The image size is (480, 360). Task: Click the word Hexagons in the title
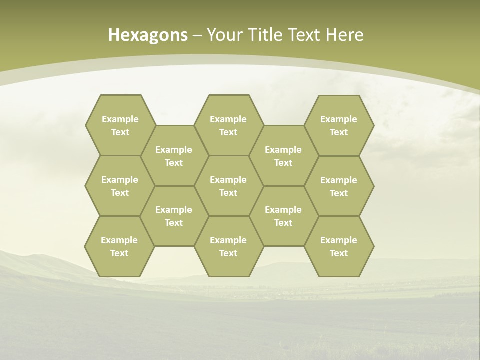click(x=148, y=35)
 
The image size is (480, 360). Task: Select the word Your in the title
click(x=223, y=35)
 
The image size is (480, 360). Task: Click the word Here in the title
click(x=345, y=35)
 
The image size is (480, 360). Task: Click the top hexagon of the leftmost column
click(x=120, y=125)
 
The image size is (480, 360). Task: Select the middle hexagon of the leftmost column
click(x=120, y=186)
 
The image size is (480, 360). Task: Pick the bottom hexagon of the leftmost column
click(x=119, y=246)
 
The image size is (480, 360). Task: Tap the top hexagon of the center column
click(x=228, y=125)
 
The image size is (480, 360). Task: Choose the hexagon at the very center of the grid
click(x=228, y=186)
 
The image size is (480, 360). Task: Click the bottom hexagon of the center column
click(x=228, y=246)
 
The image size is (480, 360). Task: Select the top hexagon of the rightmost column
click(x=339, y=125)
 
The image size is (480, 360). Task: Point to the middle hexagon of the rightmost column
click(x=339, y=186)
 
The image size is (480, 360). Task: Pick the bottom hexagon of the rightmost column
click(x=339, y=246)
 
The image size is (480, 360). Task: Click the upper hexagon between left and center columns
click(x=174, y=156)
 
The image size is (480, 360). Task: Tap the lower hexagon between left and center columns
click(x=174, y=216)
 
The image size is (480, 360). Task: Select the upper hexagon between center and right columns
click(x=283, y=156)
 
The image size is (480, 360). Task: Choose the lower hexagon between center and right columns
click(x=283, y=216)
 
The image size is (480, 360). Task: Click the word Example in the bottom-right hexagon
click(x=339, y=240)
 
